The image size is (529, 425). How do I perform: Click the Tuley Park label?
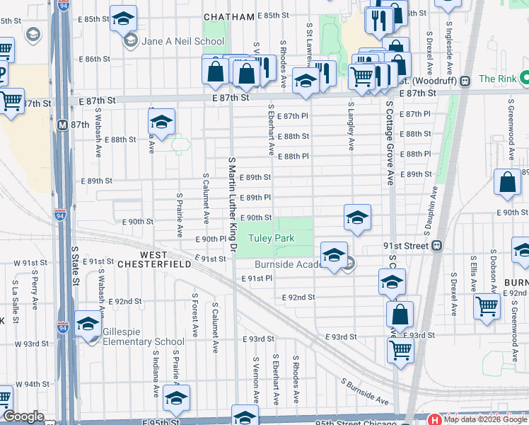275,239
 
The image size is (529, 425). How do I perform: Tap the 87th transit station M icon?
62,124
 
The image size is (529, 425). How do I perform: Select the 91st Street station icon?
437,246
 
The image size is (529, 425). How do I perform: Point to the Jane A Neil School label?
182,41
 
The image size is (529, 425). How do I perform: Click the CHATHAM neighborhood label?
228,16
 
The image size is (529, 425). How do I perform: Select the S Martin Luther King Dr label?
231,205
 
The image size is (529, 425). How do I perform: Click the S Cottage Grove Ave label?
389,142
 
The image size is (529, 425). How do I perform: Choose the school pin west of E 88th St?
161,123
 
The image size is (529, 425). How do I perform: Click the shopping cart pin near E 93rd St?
400,349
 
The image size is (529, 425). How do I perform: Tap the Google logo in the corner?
23,416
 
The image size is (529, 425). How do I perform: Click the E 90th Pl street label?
214,239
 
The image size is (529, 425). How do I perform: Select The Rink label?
498,79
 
